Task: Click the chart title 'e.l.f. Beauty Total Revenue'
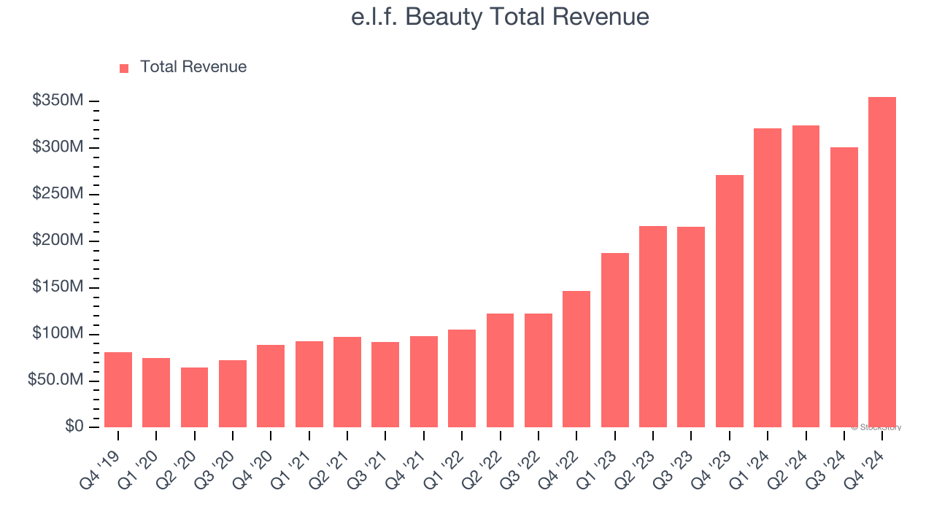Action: coord(500,17)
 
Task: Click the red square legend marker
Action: coord(124,68)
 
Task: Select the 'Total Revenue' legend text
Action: coord(193,67)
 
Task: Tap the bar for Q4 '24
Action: coord(881,262)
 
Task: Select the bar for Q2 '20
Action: coord(194,397)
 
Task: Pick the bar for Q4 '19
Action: coord(118,390)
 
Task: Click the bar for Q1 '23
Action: coord(614,340)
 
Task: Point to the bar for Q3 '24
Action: coord(844,287)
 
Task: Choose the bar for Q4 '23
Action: coord(729,301)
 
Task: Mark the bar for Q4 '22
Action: coord(576,359)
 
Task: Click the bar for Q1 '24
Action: coord(767,278)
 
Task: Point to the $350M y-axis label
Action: coord(58,101)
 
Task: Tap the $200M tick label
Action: coord(58,241)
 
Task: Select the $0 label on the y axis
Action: coord(74,427)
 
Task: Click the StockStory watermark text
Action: coord(876,427)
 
